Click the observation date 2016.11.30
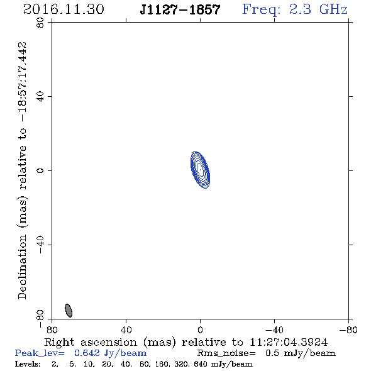tap(64, 9)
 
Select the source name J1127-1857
tap(180, 9)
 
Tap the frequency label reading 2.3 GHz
tap(318, 9)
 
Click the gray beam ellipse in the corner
tap(69, 311)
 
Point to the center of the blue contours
tap(200, 170)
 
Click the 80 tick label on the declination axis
tap(40, 23)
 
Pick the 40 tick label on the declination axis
tap(40, 97)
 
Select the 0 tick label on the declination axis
tap(40, 170)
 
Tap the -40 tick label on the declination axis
tap(40, 245)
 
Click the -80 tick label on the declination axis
tap(40, 319)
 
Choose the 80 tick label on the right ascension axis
tap(52, 330)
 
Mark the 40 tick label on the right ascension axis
tap(126, 330)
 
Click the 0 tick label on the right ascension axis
tap(200, 330)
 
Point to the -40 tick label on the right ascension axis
tap(274, 330)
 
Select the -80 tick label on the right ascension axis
tap(348, 330)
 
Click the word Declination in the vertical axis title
tap(22, 267)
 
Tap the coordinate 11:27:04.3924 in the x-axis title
tap(289, 342)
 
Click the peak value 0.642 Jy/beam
tap(110, 353)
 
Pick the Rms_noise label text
tap(226, 353)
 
